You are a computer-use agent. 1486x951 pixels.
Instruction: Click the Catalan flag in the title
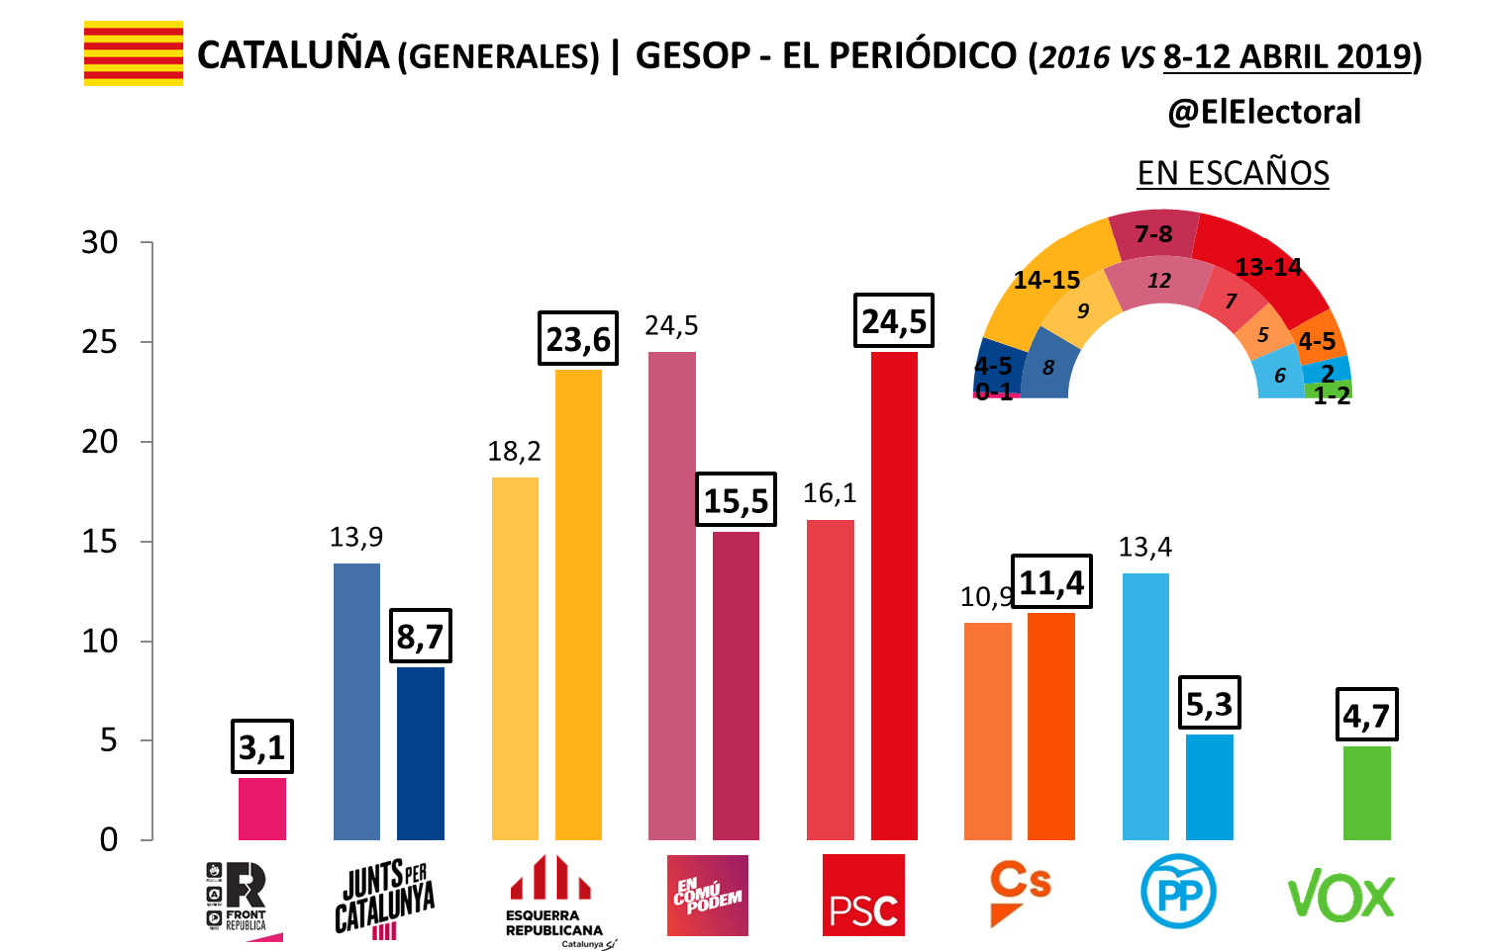133,53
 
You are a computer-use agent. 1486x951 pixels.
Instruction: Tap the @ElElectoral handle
1264,112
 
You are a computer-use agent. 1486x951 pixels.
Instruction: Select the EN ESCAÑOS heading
1233,173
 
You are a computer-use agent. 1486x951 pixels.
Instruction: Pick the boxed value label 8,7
420,636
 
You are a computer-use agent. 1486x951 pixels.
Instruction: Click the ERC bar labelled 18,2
515,659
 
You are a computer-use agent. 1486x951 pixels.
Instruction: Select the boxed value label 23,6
577,339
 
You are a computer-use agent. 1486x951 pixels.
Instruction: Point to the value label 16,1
830,493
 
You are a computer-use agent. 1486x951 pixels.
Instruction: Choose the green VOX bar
1366,792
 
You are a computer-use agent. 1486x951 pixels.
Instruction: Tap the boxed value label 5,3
1209,705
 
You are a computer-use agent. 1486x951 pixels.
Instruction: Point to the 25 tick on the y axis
100,342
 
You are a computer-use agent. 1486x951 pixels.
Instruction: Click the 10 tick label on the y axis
100,641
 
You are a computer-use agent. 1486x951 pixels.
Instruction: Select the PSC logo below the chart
863,895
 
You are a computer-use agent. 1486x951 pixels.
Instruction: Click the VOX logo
1341,895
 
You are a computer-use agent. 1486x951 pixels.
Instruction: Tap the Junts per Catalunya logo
384,897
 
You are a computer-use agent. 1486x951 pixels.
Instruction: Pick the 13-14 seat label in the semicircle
1268,267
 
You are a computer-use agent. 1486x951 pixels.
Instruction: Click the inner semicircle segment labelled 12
1158,281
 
